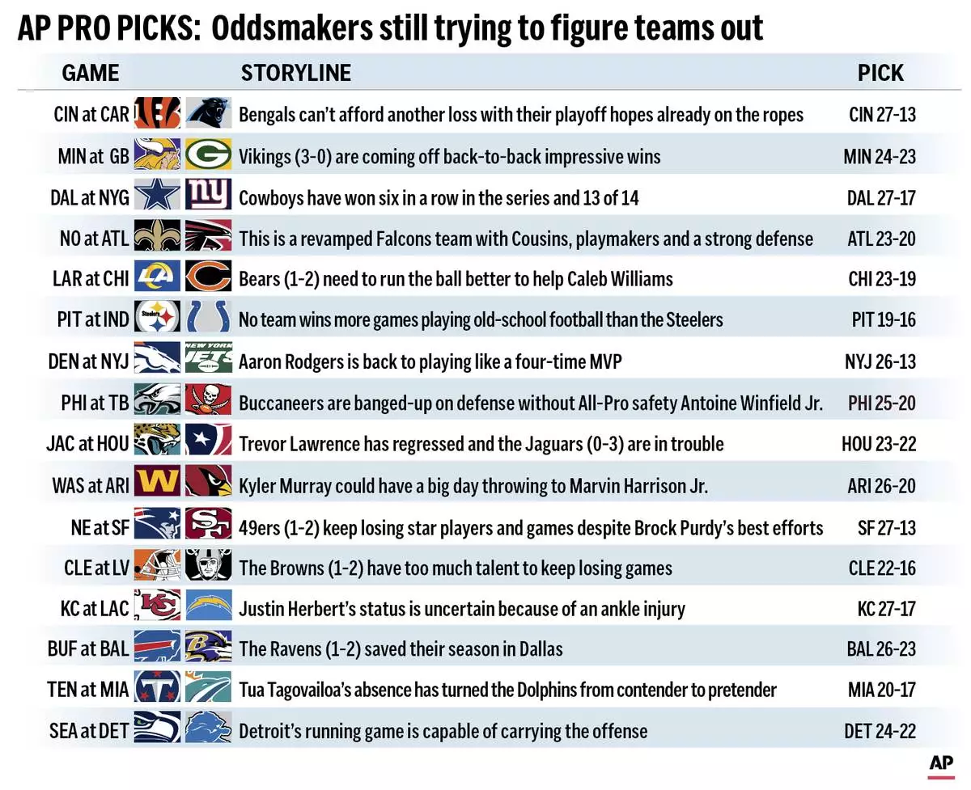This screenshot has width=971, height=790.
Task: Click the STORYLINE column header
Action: (296, 73)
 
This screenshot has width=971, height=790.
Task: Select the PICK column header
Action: (880, 73)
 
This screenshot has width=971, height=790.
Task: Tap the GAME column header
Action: (91, 73)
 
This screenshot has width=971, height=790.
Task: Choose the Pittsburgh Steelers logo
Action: (157, 319)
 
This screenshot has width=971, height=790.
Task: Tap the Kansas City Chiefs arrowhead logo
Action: (157, 607)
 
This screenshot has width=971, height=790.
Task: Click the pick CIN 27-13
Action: (882, 114)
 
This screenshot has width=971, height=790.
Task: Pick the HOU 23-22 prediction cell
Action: (879, 443)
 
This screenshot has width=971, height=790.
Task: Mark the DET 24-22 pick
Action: (880, 731)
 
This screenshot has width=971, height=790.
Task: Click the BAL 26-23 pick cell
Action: (880, 648)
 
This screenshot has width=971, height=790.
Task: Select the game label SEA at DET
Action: (89, 731)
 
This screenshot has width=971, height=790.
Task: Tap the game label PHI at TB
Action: (95, 402)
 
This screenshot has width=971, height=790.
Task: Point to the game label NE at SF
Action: (100, 527)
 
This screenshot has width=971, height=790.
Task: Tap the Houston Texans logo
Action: (208, 443)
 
